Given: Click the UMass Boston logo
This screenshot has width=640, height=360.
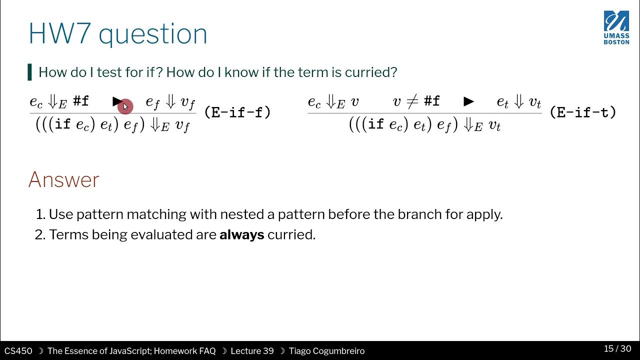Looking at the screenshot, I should [616, 27].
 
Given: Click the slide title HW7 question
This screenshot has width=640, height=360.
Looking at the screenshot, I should [118, 34].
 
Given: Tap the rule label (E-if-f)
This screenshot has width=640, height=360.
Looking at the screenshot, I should [237, 112].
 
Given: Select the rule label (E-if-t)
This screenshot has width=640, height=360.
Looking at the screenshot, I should [582, 112].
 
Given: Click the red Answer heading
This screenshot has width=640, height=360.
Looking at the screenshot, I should [63, 180].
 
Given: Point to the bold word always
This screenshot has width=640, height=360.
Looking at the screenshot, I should [241, 234].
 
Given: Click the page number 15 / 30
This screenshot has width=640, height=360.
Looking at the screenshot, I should [617, 348].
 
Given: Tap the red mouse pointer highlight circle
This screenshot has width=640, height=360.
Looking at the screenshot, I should [125, 106].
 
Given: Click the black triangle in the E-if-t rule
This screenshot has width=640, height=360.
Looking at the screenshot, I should [468, 102].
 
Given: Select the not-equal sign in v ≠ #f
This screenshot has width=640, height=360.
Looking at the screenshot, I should [412, 102].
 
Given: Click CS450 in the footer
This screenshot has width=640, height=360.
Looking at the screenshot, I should [18, 351].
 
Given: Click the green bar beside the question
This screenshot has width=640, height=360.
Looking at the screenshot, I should [30, 72].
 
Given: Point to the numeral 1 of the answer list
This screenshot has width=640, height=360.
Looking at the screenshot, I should [40, 214].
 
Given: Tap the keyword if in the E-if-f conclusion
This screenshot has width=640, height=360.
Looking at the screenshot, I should [62, 124].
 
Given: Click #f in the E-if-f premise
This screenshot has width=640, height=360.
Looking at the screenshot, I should [81, 101].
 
